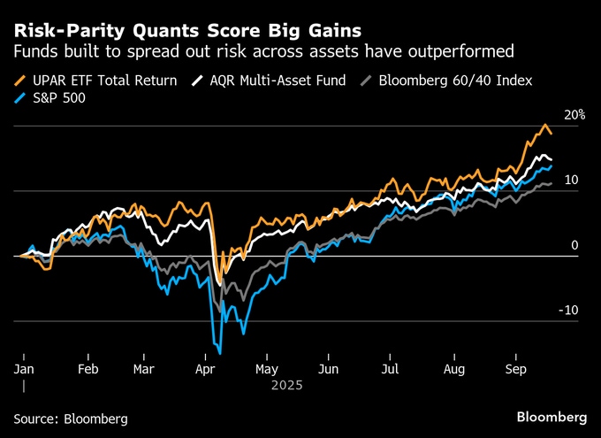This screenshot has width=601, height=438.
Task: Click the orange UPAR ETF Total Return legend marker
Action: click(21, 81)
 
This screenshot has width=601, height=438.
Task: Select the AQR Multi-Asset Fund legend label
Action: click(279, 81)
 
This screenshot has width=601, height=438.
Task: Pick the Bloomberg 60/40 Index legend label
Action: click(455, 81)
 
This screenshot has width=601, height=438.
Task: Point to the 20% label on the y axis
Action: click(574, 115)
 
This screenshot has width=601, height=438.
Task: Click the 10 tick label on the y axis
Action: click(572, 180)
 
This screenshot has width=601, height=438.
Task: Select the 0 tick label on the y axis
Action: click(575, 245)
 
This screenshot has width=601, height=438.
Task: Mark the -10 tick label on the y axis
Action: click(569, 310)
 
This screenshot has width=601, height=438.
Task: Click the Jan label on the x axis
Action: click(24, 368)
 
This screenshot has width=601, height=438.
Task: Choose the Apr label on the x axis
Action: click(206, 368)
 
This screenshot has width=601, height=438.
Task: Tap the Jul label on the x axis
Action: click(390, 368)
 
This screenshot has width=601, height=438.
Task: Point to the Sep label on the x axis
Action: click(517, 368)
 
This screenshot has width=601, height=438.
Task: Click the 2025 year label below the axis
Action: click(287, 385)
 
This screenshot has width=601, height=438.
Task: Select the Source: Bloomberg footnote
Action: click(71, 417)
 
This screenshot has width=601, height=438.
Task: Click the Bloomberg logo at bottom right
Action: click(552, 416)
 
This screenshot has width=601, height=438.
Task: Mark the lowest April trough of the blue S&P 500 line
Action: click(218, 353)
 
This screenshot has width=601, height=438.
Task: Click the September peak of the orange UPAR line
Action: click(545, 125)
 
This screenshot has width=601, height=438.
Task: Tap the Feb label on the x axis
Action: click(87, 368)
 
